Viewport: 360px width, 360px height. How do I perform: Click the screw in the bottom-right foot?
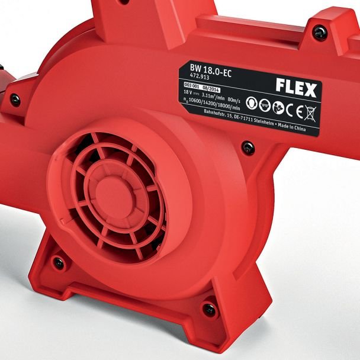209,308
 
